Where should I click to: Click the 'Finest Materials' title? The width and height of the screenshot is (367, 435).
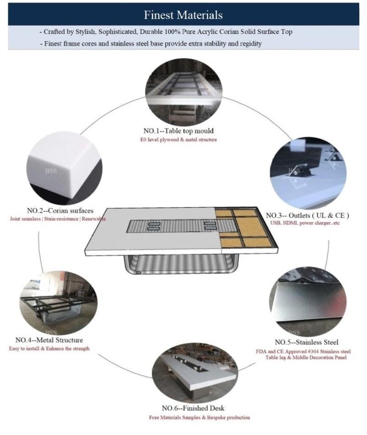click(x=183, y=15)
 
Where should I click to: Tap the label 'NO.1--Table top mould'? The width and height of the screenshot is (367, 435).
click(x=178, y=131)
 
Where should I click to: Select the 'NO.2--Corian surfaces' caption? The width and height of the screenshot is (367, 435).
click(x=60, y=211)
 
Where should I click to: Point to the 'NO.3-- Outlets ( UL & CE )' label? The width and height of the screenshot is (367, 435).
click(x=307, y=216)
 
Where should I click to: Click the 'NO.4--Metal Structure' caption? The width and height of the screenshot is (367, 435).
click(x=49, y=340)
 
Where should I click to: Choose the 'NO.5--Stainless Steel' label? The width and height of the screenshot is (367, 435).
click(x=306, y=342)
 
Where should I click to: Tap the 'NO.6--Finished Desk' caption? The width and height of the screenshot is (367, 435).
click(x=193, y=408)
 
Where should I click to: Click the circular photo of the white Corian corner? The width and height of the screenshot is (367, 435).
click(x=64, y=168)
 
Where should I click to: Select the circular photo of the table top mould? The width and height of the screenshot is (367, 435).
click(x=183, y=92)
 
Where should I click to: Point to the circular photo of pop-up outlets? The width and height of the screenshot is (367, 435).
click(x=308, y=173)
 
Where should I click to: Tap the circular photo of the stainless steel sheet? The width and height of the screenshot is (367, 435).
click(x=308, y=301)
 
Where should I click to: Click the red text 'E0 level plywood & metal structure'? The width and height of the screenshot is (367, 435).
click(x=178, y=139)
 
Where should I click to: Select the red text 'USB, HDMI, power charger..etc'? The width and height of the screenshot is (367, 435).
click(x=305, y=223)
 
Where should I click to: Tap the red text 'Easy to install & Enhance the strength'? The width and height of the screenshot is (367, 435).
click(x=49, y=348)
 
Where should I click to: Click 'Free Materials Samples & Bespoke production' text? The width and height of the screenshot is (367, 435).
click(x=200, y=417)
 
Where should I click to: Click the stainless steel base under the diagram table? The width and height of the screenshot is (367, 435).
click(x=181, y=264)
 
